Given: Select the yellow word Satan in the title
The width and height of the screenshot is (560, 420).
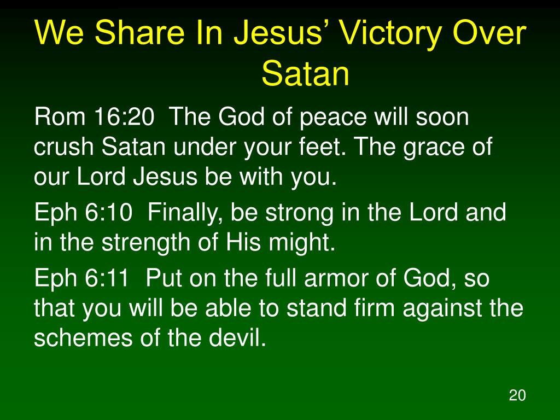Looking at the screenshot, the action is (305, 73).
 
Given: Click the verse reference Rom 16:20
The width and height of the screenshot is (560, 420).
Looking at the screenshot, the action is (94, 116).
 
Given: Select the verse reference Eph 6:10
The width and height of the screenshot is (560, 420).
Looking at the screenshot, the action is (83, 212).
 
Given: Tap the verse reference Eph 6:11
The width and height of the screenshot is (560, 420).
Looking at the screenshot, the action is (81, 277).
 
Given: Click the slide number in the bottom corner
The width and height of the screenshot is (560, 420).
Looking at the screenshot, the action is (517, 395).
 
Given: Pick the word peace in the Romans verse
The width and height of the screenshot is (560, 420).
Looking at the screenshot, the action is (333, 118).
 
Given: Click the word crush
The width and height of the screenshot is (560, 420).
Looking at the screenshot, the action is (63, 147).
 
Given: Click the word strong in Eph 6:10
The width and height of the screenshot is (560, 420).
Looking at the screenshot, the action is (299, 214).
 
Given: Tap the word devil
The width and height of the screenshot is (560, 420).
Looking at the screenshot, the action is (237, 337).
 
